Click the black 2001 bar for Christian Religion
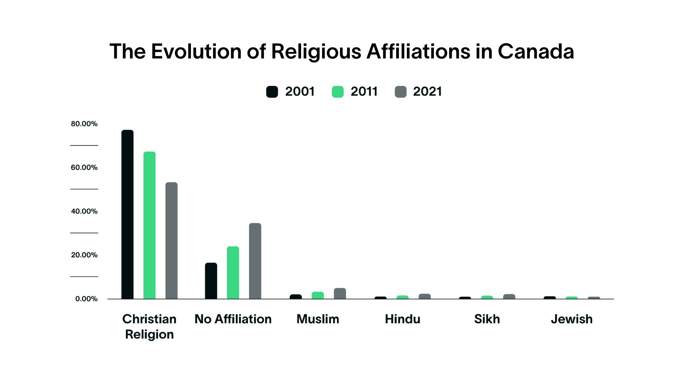pyautogui.click(x=127, y=214)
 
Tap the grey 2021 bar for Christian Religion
pyautogui.click(x=171, y=241)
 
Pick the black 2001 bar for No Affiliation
pyautogui.click(x=211, y=281)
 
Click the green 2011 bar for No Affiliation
pyautogui.click(x=233, y=273)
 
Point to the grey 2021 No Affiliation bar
pyautogui.click(x=255, y=261)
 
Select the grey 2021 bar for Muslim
pyautogui.click(x=340, y=294)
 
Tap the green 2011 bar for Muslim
pyautogui.click(x=318, y=296)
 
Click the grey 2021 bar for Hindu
pyautogui.click(x=425, y=297)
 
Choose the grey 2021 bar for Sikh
pyautogui.click(x=509, y=297)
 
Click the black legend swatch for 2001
pyautogui.click(x=272, y=92)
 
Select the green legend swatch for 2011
pyautogui.click(x=338, y=92)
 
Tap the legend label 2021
pyautogui.click(x=427, y=92)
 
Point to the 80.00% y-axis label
pyautogui.click(x=84, y=124)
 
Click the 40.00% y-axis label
pyautogui.click(x=84, y=211)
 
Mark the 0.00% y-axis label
pyautogui.click(x=86, y=299)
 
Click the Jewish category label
pyautogui.click(x=571, y=319)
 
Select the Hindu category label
pyautogui.click(x=403, y=319)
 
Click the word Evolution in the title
pyautogui.click(x=197, y=52)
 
